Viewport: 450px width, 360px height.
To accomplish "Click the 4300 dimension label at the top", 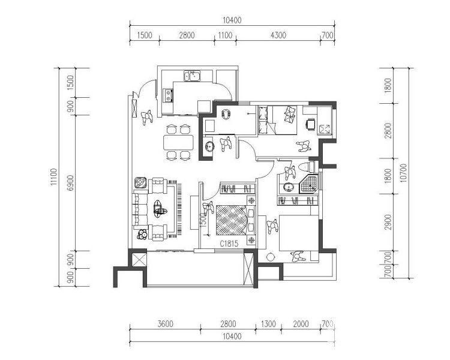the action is tap(278, 35).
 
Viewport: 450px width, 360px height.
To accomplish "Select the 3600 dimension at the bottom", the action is tap(166, 324).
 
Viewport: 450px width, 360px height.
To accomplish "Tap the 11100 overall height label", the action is tap(55, 177).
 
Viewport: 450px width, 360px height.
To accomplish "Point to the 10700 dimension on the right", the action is tap(403, 173).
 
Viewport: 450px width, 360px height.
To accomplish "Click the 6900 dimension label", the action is tap(71, 182).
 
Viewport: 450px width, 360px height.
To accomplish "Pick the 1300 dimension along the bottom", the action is tap(268, 324).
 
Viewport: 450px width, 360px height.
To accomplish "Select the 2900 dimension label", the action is tap(388, 222).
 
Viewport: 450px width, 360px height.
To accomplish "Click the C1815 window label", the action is tap(229, 244).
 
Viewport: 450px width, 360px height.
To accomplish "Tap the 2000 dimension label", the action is tap(301, 324).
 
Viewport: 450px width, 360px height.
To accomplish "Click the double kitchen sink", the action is tap(193, 76).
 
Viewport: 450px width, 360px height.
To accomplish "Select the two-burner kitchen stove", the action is tap(168, 95).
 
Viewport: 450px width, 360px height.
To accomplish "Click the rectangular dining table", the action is tap(178, 142).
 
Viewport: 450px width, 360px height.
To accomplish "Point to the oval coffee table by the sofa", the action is tap(159, 208).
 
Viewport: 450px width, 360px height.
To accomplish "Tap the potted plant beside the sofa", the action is tap(142, 234).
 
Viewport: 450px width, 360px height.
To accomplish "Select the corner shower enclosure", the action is tap(310, 184).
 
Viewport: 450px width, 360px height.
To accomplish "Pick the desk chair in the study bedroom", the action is tap(310, 124).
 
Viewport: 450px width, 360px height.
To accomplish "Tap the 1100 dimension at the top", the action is tap(225, 35).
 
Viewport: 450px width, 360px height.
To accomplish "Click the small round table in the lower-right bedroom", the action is tap(270, 257).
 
